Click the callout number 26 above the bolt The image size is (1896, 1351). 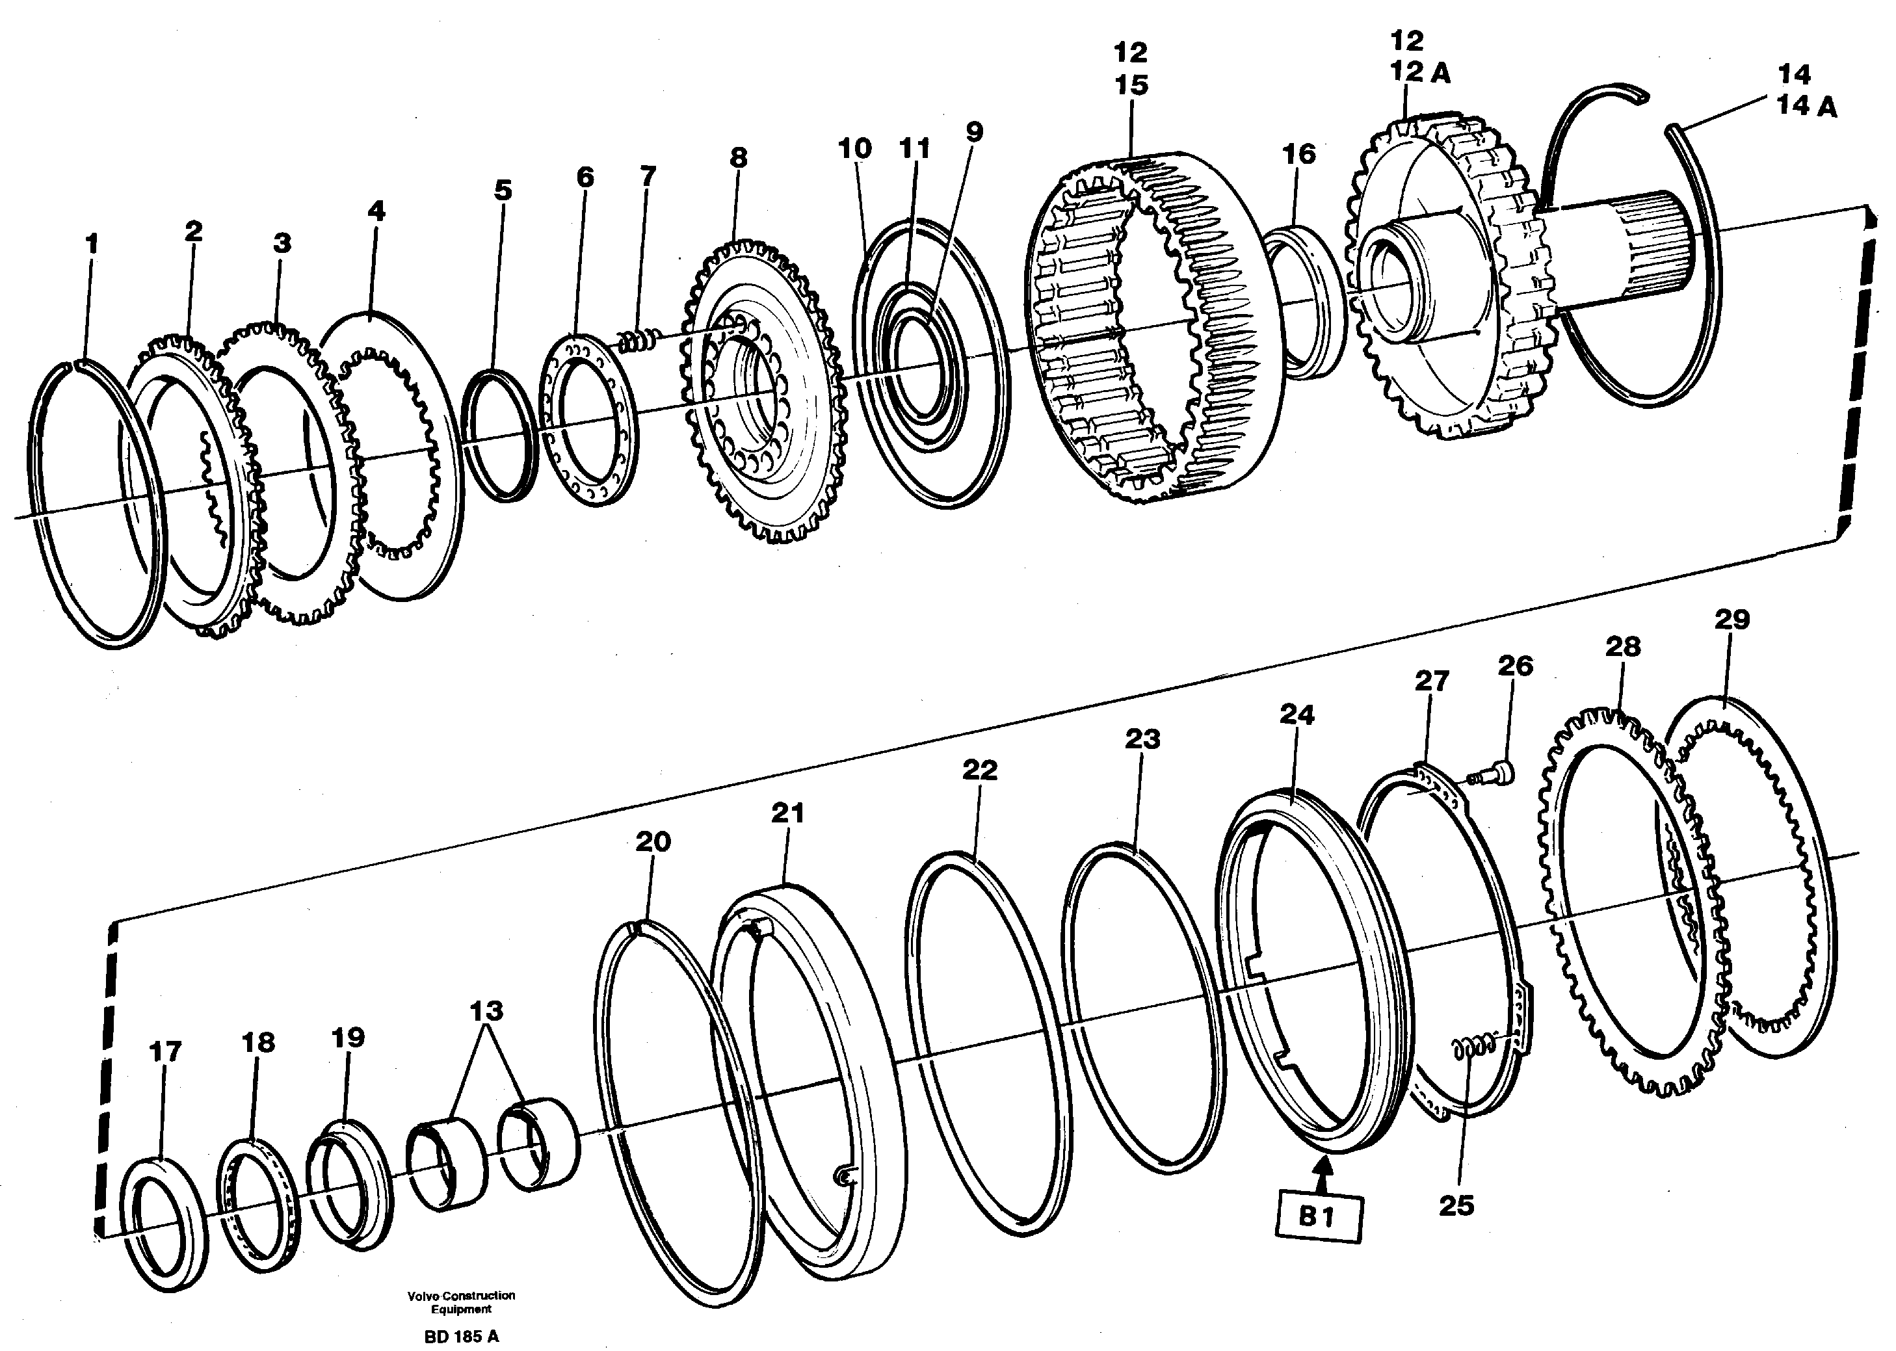coord(1515,666)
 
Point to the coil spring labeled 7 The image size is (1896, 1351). coord(639,339)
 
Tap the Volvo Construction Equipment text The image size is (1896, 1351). coord(461,1302)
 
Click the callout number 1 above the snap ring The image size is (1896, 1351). coord(92,244)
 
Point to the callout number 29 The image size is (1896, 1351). coord(1732,619)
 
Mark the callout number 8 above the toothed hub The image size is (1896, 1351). coord(738,157)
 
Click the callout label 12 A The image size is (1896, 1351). coord(1420,73)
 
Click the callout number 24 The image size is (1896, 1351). coord(1297,715)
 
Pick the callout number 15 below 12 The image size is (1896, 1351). coord(1131,85)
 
